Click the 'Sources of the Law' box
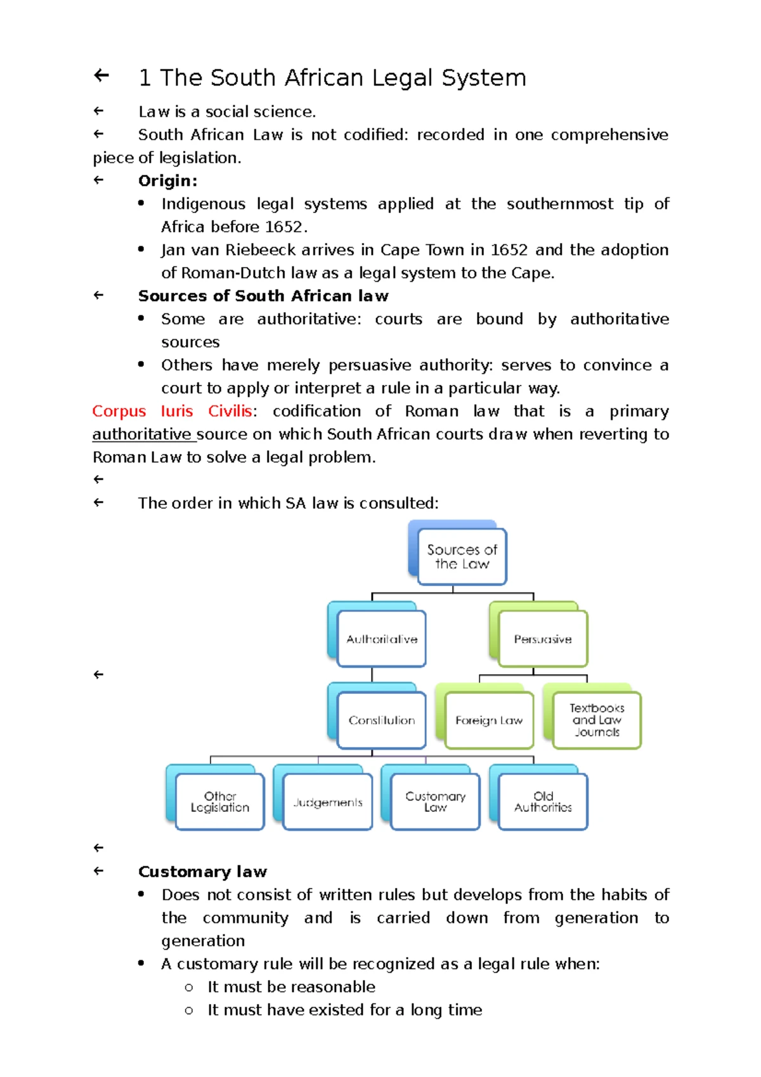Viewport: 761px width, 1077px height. pos(462,556)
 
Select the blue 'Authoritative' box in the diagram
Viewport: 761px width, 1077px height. pos(381,639)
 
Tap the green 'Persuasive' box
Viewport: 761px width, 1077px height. pos(543,639)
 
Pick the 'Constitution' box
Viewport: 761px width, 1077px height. pos(381,720)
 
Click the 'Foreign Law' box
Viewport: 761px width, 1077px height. pos(488,720)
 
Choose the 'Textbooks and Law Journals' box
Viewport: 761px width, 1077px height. pos(596,720)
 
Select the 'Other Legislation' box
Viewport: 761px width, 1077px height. pos(219,802)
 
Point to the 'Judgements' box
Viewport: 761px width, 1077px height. pos(327,802)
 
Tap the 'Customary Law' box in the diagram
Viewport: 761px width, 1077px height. pos(435,802)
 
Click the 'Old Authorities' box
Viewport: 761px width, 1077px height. pos(543,802)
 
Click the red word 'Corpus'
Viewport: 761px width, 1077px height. pos(119,411)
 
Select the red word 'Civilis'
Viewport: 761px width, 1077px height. pos(230,411)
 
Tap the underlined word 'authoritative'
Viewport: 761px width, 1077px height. pos(141,434)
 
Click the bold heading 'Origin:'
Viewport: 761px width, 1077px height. pos(167,181)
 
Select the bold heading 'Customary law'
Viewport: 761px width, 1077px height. pos(202,871)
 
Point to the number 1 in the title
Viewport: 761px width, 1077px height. pos(145,78)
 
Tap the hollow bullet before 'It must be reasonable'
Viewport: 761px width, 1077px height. pos(188,988)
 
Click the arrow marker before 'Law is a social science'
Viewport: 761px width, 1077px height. pos(98,111)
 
